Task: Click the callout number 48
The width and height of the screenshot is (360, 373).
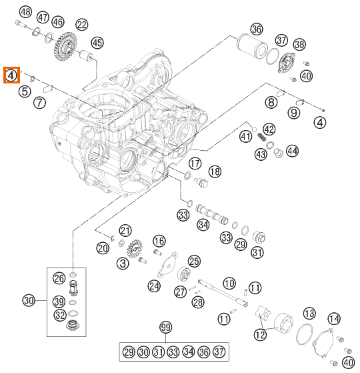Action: (25, 12)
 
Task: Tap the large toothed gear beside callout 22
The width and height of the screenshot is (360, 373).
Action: (65, 45)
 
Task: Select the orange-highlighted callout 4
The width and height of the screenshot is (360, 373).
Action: (11, 75)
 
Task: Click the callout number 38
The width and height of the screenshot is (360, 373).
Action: (299, 45)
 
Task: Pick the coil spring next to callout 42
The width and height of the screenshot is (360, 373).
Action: (261, 137)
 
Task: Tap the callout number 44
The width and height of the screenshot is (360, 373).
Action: (292, 151)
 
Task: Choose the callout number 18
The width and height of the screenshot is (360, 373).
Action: (215, 171)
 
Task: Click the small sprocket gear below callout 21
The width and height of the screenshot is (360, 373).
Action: (135, 250)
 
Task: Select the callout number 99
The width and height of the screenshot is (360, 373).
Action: (165, 328)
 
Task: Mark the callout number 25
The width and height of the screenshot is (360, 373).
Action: (194, 261)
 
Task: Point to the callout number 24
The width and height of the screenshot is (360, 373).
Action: (154, 286)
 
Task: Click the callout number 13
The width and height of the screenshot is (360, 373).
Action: (309, 314)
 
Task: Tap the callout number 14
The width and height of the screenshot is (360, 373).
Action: (334, 318)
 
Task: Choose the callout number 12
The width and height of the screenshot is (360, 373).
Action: (260, 335)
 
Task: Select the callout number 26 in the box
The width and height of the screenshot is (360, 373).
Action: (59, 278)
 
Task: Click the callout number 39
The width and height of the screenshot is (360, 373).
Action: (59, 302)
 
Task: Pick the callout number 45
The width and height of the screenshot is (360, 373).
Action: (97, 43)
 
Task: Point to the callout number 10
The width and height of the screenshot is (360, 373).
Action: (229, 284)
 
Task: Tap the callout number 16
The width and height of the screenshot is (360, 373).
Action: (159, 241)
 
